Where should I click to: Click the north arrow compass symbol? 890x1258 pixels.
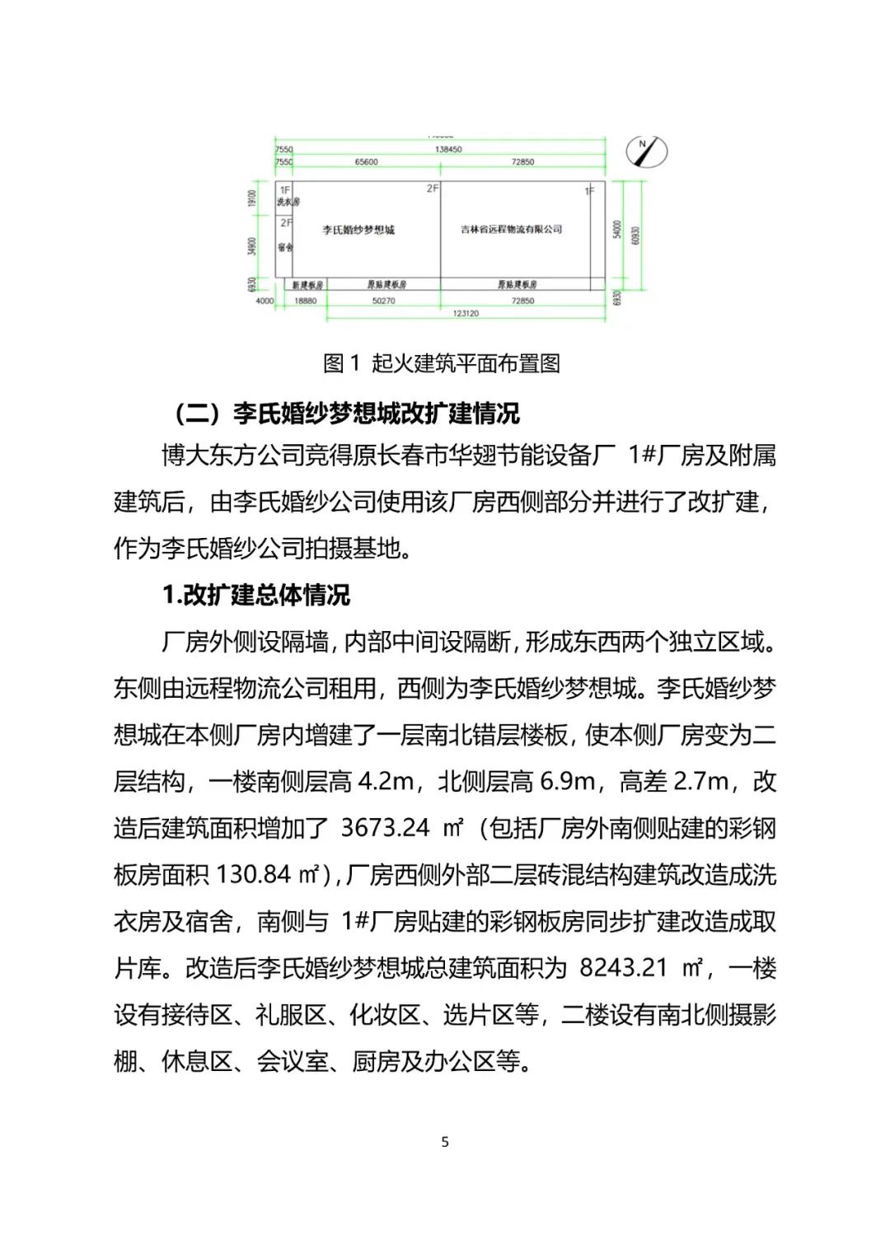pos(647,151)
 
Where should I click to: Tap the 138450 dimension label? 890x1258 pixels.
pos(448,149)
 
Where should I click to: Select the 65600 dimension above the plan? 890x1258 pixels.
pos(366,162)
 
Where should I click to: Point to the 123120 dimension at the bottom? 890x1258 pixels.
pos(466,314)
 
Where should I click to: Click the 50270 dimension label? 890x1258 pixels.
pos(383,302)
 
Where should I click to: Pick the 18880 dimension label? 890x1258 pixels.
pos(305,302)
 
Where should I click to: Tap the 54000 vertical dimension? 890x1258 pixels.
pos(616,230)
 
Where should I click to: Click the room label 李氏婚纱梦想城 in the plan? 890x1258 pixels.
pos(358,230)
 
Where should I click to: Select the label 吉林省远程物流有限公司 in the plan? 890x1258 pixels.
pos(511,229)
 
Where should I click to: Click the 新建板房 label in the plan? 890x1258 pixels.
pos(307,285)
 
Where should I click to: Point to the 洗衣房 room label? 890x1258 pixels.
pos(288,202)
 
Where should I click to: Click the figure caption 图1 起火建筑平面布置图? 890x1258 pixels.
pos(442,363)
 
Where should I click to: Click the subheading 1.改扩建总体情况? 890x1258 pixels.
pos(255,595)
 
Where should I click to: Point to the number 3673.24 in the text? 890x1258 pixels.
pos(385,828)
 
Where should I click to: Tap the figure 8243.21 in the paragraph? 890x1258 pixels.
pos(623,968)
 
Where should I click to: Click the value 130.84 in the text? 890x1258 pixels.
pos(254,875)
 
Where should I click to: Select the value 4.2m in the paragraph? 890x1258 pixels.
pos(386,781)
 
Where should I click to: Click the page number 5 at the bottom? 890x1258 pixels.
pos(445,1142)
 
